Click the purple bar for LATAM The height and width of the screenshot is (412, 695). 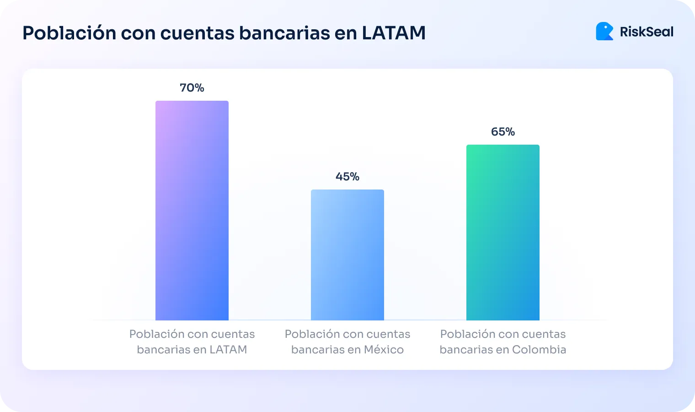(x=192, y=211)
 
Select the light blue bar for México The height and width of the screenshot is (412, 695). (x=347, y=255)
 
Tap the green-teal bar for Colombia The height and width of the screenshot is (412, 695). (x=503, y=233)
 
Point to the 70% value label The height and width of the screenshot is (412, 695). (x=192, y=88)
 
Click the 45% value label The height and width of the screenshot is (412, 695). (x=347, y=177)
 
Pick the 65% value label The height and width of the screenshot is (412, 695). (x=503, y=132)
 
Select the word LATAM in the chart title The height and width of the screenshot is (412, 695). (x=394, y=33)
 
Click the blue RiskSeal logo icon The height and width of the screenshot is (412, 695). (x=604, y=31)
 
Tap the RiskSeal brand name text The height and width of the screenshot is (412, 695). (x=647, y=32)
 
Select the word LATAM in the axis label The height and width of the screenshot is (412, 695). (x=228, y=350)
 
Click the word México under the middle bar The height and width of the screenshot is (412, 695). (x=384, y=350)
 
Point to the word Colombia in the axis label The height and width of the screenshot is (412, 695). (x=539, y=350)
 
